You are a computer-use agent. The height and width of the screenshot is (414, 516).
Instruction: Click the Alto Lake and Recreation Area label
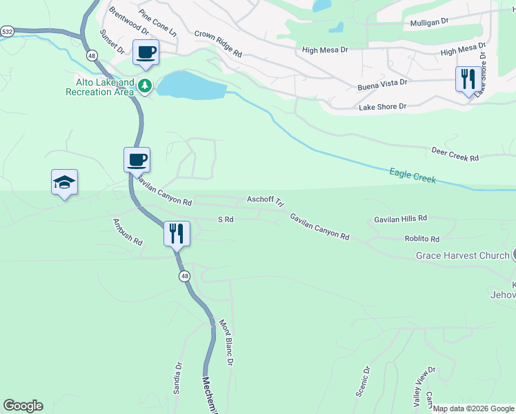click(x=100, y=87)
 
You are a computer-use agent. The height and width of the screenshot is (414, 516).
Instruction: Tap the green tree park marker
click(x=145, y=86)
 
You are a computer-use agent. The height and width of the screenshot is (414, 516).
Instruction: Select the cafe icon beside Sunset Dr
click(x=146, y=52)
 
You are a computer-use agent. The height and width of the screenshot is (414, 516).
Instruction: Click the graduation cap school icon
click(x=64, y=182)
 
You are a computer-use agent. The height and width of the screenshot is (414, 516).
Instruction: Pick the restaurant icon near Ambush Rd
click(x=177, y=233)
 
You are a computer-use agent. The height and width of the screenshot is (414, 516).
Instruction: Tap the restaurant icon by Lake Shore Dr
click(x=468, y=79)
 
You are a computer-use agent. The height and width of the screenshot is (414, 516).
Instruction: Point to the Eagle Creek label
click(x=413, y=175)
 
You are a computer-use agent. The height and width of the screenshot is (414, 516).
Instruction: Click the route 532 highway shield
click(x=7, y=32)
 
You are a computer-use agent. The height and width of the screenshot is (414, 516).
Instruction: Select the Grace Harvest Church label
click(x=462, y=256)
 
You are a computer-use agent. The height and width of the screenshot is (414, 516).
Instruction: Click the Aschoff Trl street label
click(x=266, y=200)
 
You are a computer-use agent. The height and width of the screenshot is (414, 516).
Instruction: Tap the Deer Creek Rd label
click(x=455, y=154)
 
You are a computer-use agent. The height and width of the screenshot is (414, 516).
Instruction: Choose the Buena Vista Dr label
click(x=382, y=83)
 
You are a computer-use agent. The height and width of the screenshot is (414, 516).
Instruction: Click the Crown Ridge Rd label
click(x=218, y=43)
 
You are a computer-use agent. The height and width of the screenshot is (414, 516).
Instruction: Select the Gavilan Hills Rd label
click(x=400, y=218)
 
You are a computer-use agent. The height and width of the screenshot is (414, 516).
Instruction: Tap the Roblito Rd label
click(x=421, y=239)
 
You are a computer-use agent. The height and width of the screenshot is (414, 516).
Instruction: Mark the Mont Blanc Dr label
click(x=226, y=342)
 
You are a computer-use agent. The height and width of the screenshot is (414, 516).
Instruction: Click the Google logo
click(x=23, y=406)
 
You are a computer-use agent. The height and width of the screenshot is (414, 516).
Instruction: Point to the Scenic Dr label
click(x=363, y=380)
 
